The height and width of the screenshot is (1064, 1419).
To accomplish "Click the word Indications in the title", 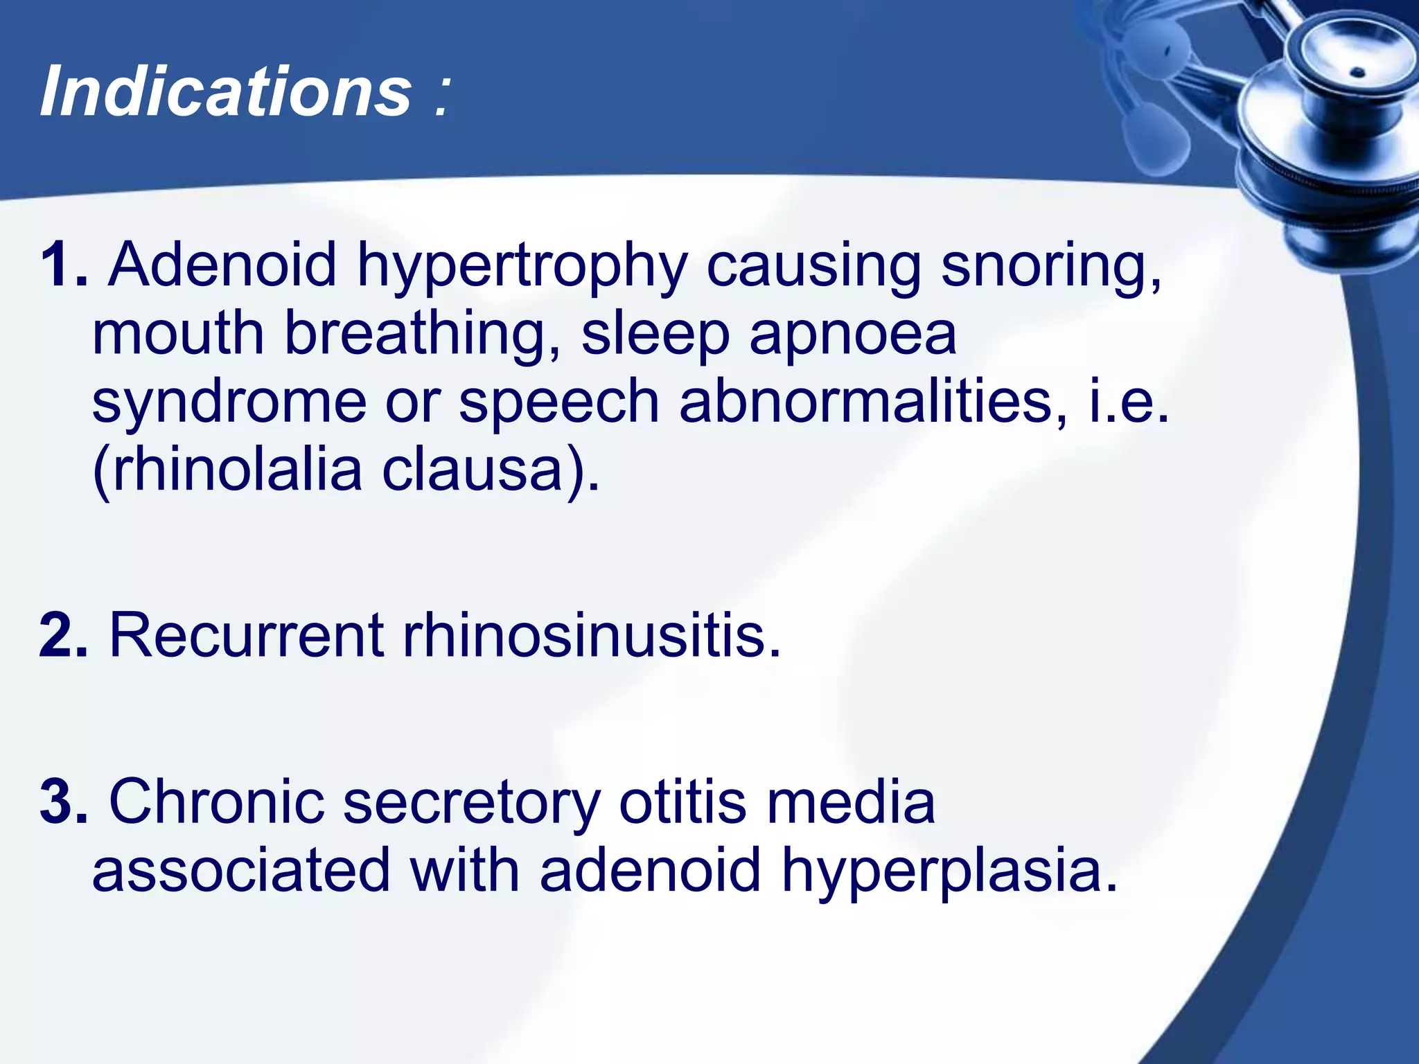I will [x=226, y=91].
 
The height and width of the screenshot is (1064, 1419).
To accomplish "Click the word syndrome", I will [x=229, y=403].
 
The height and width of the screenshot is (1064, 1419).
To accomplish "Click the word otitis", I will [x=682, y=801].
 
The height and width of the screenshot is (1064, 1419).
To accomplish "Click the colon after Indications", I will [x=442, y=97].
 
